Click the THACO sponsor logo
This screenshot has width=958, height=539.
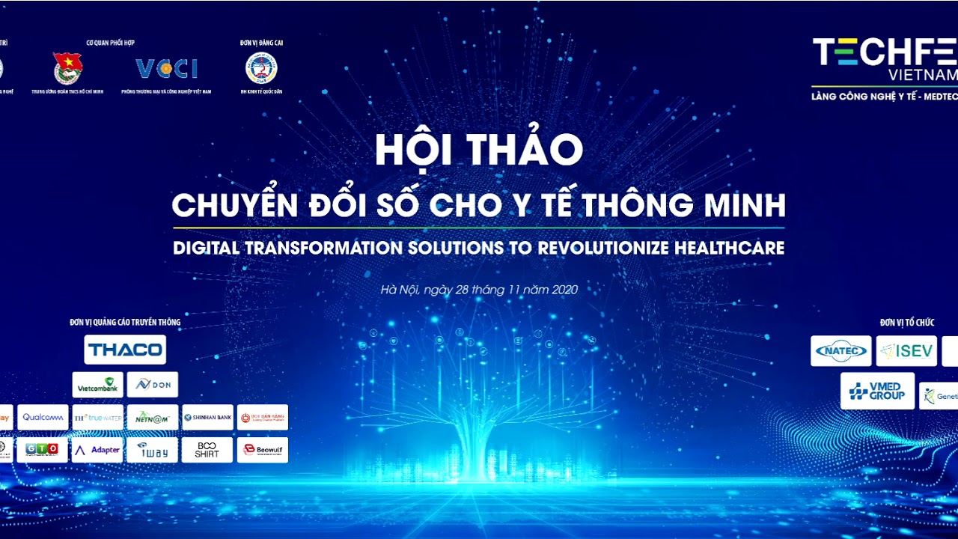pyautogui.click(x=125, y=350)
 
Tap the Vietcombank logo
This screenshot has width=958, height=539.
pyautogui.click(x=98, y=385)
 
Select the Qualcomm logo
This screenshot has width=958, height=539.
pyautogui.click(x=43, y=418)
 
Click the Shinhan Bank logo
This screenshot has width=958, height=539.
pyautogui.click(x=207, y=418)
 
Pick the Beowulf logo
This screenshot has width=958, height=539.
pyautogui.click(x=262, y=450)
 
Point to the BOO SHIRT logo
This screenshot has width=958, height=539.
pyautogui.click(x=207, y=450)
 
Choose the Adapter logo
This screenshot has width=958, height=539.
pyautogui.click(x=97, y=450)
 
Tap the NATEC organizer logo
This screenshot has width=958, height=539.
pyautogui.click(x=840, y=351)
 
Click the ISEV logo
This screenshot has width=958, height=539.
pyautogui.click(x=906, y=351)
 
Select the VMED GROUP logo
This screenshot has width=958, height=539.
pyautogui.click(x=877, y=391)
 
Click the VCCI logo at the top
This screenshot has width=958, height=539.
pyautogui.click(x=166, y=69)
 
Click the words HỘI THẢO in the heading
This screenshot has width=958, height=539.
pyautogui.click(x=478, y=150)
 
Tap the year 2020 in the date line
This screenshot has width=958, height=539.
pyautogui.click(x=564, y=290)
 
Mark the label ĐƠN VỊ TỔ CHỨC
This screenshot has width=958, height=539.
pyautogui.click(x=907, y=323)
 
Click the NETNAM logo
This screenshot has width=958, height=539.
pyautogui.click(x=153, y=418)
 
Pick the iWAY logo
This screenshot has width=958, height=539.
pyautogui.click(x=153, y=450)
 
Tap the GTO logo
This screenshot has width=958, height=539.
pyautogui.click(x=43, y=450)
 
